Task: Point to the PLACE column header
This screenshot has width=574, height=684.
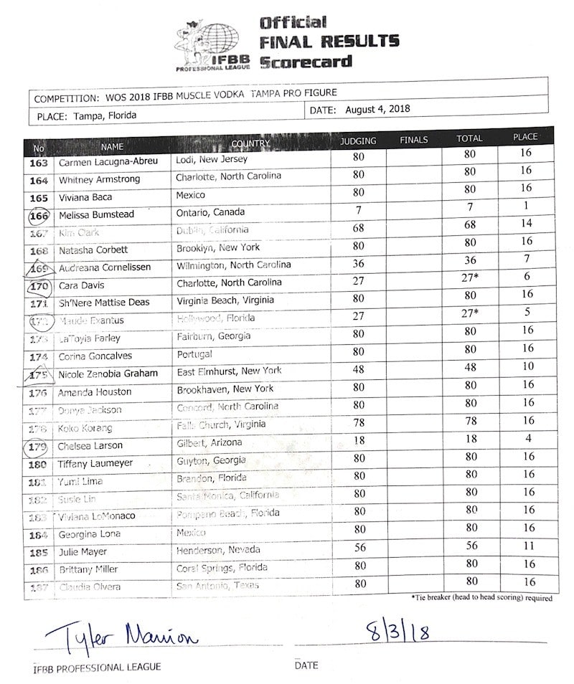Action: pyautogui.click(x=525, y=137)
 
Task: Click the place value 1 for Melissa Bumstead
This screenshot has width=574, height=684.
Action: pyautogui.click(x=525, y=206)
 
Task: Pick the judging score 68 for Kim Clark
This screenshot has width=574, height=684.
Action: pyautogui.click(x=359, y=229)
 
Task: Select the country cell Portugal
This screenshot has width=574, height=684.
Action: pyautogui.click(x=196, y=354)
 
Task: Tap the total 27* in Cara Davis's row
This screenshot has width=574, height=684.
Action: pyautogui.click(x=471, y=278)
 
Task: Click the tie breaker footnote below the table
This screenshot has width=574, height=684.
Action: pyautogui.click(x=481, y=597)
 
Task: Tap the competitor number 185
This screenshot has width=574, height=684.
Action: pyautogui.click(x=39, y=553)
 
